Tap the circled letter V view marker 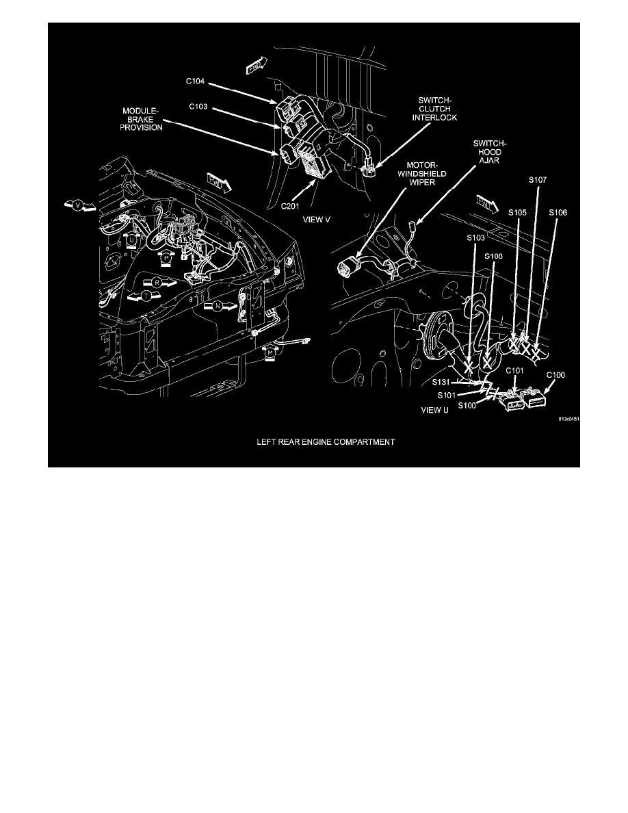tap(77, 205)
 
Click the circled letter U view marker tap(131, 241)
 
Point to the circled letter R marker tap(157, 281)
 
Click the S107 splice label tap(538, 180)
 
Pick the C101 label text tap(514, 370)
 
